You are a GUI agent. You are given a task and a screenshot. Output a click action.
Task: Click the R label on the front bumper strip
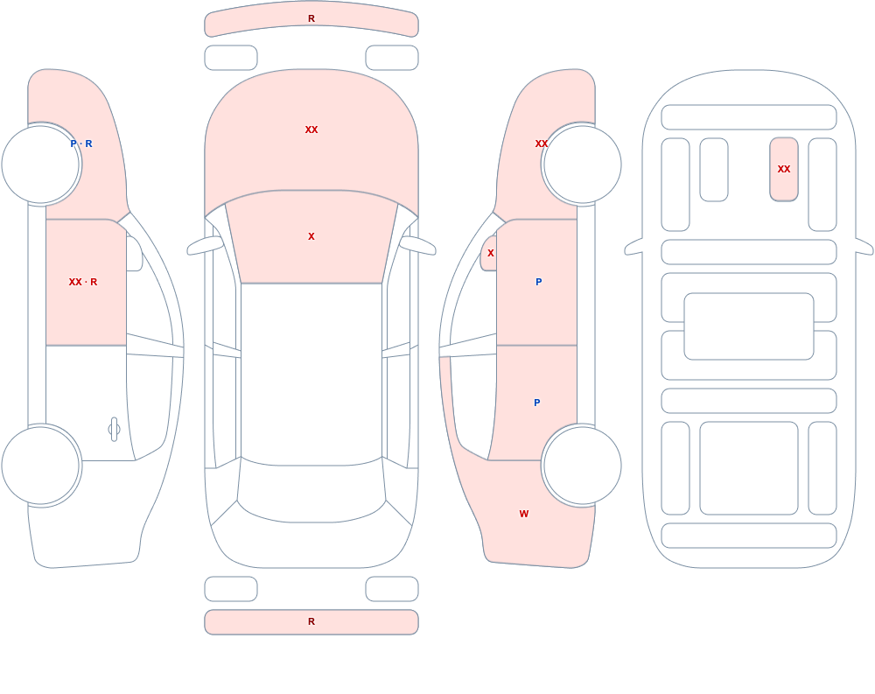coord(311,18)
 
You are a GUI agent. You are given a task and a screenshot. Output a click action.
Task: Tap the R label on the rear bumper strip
coord(311,621)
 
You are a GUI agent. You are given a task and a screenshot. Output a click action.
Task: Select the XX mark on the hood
coord(311,130)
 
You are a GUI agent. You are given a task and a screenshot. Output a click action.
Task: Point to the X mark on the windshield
coord(311,236)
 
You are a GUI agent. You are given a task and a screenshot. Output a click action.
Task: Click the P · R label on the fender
coord(81,144)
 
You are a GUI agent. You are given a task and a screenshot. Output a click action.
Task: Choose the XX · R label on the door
coord(83,282)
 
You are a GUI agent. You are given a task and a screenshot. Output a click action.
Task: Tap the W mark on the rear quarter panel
coord(524,514)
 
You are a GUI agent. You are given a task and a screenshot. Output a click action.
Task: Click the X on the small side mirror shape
coord(491,253)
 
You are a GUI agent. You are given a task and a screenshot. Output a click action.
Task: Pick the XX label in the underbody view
coord(784,169)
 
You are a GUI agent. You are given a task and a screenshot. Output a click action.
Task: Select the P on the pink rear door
coord(537,403)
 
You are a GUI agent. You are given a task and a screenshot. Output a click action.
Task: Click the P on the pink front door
coord(538,282)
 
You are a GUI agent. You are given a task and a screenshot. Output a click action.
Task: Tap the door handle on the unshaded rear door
coord(114,430)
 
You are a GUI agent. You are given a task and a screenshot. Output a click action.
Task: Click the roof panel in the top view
coord(311,373)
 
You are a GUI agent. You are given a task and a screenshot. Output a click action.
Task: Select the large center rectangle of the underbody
coord(749,326)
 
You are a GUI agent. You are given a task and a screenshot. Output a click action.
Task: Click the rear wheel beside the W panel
coord(582,465)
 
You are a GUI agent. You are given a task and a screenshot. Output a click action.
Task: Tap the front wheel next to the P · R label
coord(41,165)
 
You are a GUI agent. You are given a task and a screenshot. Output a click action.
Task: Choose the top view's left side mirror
coord(205,245)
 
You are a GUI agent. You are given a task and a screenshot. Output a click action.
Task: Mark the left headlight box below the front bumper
coord(231,58)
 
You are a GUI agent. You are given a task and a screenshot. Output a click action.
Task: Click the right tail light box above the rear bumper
coord(392,589)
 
